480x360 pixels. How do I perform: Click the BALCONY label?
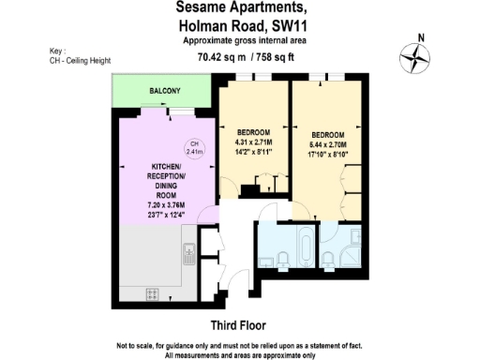164,91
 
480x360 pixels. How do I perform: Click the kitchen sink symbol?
188,251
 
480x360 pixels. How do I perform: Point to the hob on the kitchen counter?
153,294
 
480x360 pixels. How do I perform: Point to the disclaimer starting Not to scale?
240,349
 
